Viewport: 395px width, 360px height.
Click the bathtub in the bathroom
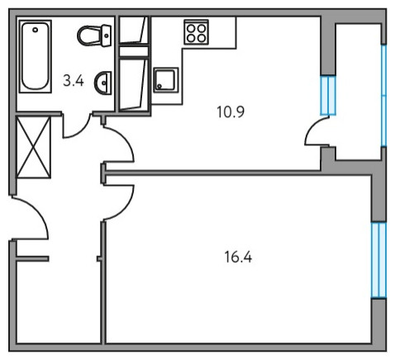(x=36, y=56)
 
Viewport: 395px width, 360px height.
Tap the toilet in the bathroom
(x=94, y=36)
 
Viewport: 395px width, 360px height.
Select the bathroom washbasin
(x=102, y=83)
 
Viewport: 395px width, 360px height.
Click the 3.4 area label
(x=74, y=81)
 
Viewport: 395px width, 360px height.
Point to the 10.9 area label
(x=231, y=112)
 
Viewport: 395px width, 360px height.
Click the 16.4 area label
(x=238, y=258)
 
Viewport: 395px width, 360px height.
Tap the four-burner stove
(x=197, y=32)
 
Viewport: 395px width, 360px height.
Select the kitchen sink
(x=166, y=80)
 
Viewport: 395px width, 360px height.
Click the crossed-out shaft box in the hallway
(x=34, y=147)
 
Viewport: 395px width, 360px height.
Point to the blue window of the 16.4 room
(x=378, y=260)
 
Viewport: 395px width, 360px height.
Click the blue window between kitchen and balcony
(x=328, y=95)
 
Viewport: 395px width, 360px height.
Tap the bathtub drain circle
(x=35, y=30)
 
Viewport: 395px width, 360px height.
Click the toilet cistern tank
(x=107, y=36)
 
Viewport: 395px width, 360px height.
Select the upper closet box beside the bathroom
(x=134, y=31)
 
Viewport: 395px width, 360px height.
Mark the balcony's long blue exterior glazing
(x=383, y=95)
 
